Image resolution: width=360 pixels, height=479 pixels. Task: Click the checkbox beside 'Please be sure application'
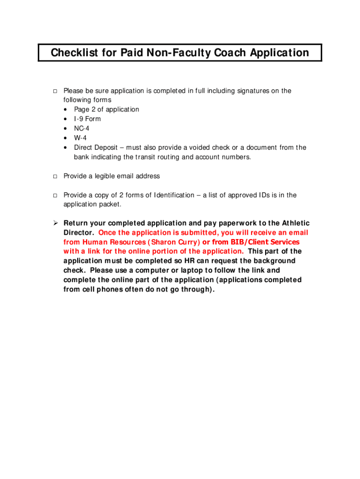point(54,91)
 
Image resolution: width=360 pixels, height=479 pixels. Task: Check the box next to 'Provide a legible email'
point(54,176)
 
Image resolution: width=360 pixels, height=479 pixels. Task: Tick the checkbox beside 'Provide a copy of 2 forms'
point(54,195)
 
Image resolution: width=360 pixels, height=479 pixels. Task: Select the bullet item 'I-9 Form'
point(87,119)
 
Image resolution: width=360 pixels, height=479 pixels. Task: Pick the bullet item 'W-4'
point(80,138)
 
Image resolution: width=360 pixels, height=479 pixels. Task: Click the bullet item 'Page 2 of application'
point(107,109)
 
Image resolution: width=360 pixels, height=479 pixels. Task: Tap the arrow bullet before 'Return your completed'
point(54,223)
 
